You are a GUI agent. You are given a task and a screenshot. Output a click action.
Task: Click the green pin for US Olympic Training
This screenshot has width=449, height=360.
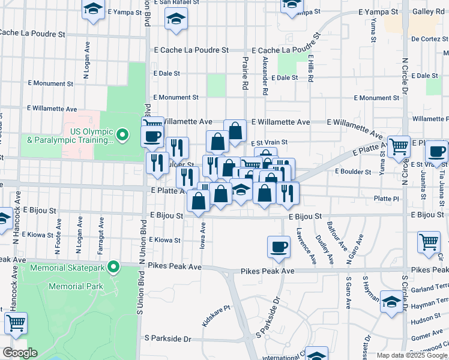pos(122,135)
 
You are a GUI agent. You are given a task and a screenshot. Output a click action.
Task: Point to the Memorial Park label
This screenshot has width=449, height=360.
pos(75,287)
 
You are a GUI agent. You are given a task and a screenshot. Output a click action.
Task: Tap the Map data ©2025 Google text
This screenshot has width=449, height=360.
pos(411,355)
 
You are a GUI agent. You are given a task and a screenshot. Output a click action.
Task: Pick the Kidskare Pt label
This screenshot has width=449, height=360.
pos(216,315)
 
